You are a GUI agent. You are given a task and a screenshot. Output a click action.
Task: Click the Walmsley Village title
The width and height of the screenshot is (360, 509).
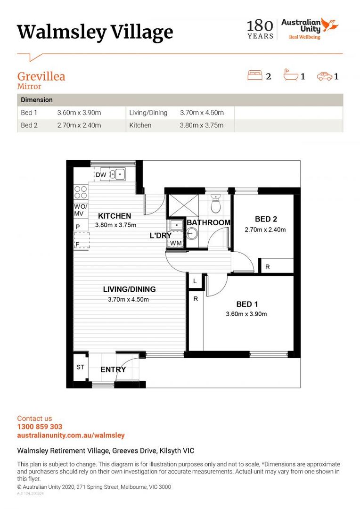tap(95, 32)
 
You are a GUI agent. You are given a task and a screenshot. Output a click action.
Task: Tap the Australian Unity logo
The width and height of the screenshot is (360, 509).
tap(310, 29)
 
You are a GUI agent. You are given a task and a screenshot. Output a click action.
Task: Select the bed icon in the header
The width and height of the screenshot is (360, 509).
tap(255, 75)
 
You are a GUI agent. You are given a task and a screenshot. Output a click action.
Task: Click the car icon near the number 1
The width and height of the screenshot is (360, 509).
tap(324, 76)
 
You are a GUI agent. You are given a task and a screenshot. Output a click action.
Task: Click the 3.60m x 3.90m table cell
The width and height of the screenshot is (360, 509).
tap(79, 113)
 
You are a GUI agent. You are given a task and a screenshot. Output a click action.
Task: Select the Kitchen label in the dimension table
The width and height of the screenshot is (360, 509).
tap(140, 125)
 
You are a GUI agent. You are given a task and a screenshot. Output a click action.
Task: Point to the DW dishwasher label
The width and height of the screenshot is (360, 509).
tap(101, 175)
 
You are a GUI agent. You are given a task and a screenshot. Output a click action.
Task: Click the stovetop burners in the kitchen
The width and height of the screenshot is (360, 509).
tap(81, 192)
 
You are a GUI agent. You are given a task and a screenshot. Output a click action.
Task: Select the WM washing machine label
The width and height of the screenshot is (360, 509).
tap(176, 243)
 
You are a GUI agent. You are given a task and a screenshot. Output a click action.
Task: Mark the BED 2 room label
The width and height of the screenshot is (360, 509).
tap(266, 219)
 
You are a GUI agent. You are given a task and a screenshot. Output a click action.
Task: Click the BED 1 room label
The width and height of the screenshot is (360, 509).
tap(247, 304)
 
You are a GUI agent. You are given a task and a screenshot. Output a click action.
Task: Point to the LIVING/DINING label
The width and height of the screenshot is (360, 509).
tap(129, 289)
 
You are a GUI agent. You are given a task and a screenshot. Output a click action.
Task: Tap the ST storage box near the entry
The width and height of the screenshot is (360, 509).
tap(80, 367)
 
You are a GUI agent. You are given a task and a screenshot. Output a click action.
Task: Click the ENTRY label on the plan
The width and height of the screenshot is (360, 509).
tap(113, 369)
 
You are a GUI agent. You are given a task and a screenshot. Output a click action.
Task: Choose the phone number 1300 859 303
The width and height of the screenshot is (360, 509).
tap(40, 427)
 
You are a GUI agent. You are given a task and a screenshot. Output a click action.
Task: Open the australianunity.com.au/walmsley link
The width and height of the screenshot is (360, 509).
tap(71, 435)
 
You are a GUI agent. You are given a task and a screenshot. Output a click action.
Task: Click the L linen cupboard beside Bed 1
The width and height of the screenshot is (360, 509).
tap(195, 281)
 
